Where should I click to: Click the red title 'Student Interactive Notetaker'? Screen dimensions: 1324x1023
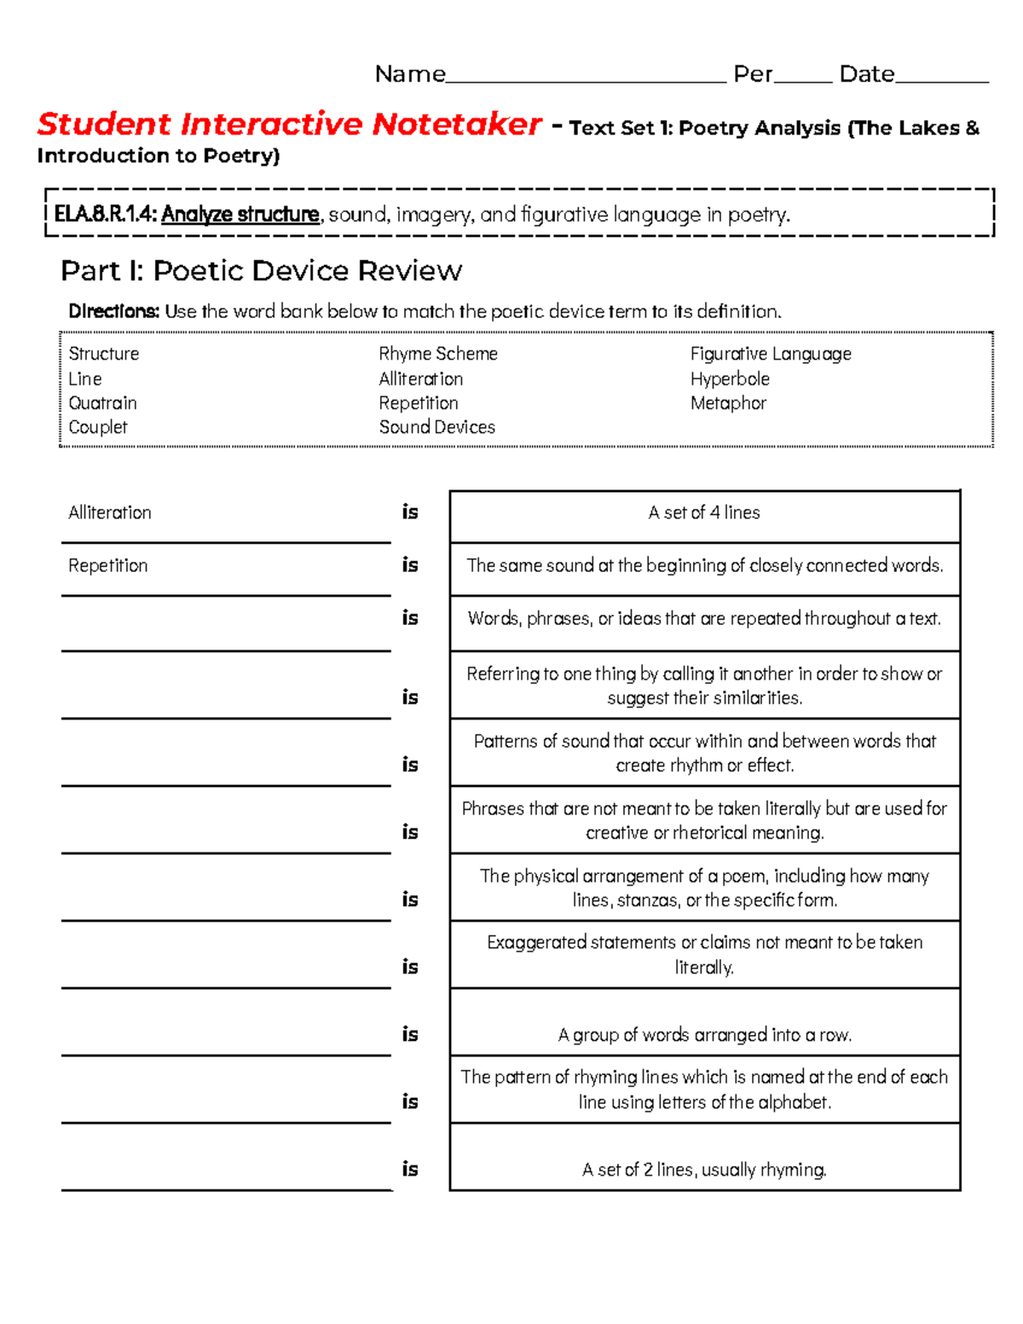tap(289, 124)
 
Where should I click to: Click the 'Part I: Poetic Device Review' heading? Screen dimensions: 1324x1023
tap(261, 271)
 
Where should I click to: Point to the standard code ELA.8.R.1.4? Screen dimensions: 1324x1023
tap(105, 215)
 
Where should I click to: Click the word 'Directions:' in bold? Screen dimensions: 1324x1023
tap(113, 311)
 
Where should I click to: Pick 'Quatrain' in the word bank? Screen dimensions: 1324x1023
tap(102, 403)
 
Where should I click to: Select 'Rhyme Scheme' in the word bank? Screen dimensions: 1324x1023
tap(438, 354)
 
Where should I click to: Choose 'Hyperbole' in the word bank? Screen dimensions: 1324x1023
tap(730, 379)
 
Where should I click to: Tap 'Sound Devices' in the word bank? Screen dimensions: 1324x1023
tap(436, 427)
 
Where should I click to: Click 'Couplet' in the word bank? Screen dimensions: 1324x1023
tap(98, 427)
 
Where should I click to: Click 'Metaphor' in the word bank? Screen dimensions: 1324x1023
tap(728, 403)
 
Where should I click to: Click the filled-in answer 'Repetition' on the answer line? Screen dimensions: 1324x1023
tap(108, 566)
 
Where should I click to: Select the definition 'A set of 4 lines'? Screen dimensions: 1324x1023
tap(704, 513)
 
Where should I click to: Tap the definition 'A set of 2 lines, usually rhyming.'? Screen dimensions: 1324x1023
tap(704, 1170)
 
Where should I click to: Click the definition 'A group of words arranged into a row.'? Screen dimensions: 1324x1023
tap(704, 1035)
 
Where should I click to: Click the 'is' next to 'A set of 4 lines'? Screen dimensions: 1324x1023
tap(410, 512)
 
